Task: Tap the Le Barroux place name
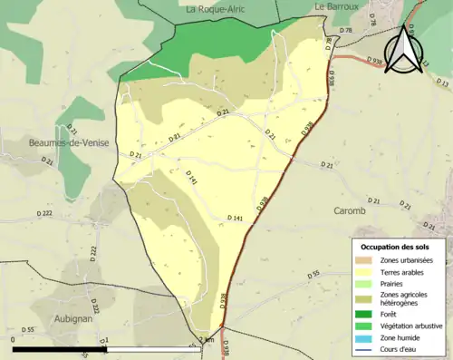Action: (333, 6)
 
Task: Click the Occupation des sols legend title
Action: (395, 247)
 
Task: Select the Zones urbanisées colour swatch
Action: (364, 260)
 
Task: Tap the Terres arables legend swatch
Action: (364, 271)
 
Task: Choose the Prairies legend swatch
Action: (364, 282)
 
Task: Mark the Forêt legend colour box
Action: (364, 314)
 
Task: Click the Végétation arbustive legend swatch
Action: (364, 325)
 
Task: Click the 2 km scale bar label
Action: (207, 340)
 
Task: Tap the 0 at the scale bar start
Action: (14, 340)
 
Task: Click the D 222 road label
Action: (42, 213)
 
